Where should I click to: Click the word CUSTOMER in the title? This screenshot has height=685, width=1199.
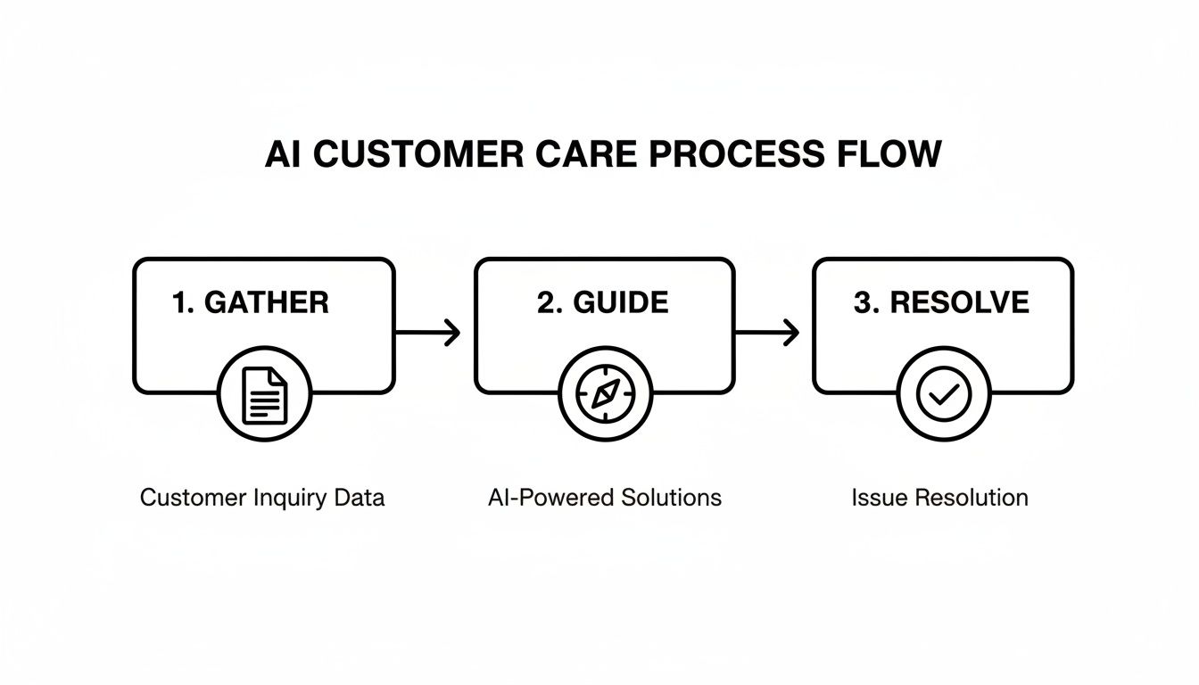[418, 154]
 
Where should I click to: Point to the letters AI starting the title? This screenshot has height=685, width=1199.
[285, 154]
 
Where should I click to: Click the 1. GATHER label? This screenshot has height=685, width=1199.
[250, 302]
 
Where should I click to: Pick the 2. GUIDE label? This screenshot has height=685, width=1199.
[602, 302]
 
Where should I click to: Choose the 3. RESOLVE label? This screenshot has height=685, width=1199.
[941, 302]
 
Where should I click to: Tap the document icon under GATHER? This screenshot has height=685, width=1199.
[265, 395]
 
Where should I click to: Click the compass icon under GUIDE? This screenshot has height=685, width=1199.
[605, 395]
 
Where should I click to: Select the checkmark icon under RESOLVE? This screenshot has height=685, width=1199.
[943, 395]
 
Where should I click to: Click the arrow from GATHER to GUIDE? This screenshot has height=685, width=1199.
[428, 333]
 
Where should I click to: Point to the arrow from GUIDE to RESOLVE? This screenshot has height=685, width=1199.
[767, 333]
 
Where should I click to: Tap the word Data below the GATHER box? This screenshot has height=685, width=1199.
[360, 498]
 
